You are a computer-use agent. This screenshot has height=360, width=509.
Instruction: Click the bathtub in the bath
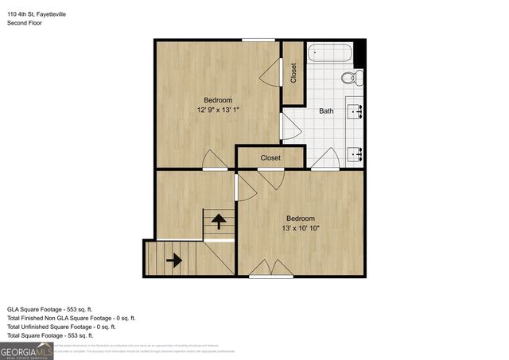[330, 54]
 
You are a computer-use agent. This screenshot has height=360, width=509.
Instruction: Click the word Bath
[326, 110]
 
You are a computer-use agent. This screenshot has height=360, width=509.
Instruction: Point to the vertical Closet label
[293, 73]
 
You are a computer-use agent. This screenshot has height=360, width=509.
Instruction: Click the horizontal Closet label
[270, 158]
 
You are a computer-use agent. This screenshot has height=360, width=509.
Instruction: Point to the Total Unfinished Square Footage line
[61, 326]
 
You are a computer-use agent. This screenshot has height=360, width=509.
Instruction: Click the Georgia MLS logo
[26, 350]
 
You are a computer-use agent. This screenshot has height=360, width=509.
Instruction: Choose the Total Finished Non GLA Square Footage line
[67, 317]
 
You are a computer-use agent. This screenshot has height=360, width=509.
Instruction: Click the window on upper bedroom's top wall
[258, 40]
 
